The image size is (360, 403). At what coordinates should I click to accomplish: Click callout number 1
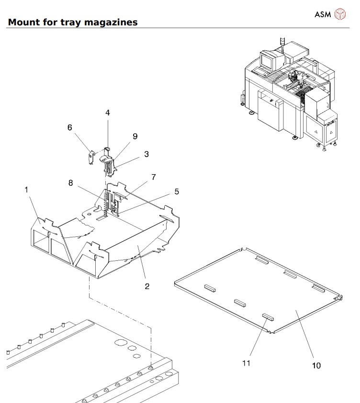pos(26,190)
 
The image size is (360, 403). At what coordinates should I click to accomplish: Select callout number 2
pos(147,286)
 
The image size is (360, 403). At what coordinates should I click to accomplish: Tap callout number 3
pos(146,154)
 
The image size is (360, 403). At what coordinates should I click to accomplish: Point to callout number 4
pos(108,112)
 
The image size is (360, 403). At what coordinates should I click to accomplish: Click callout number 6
pos(70,127)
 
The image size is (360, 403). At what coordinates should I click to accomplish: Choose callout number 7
pos(154,177)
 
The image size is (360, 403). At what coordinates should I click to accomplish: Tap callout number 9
pos(135,136)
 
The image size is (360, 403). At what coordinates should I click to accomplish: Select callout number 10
pos(316,366)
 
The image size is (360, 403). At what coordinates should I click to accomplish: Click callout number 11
pos(246,363)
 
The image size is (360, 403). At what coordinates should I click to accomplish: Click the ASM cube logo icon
pos(340,14)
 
